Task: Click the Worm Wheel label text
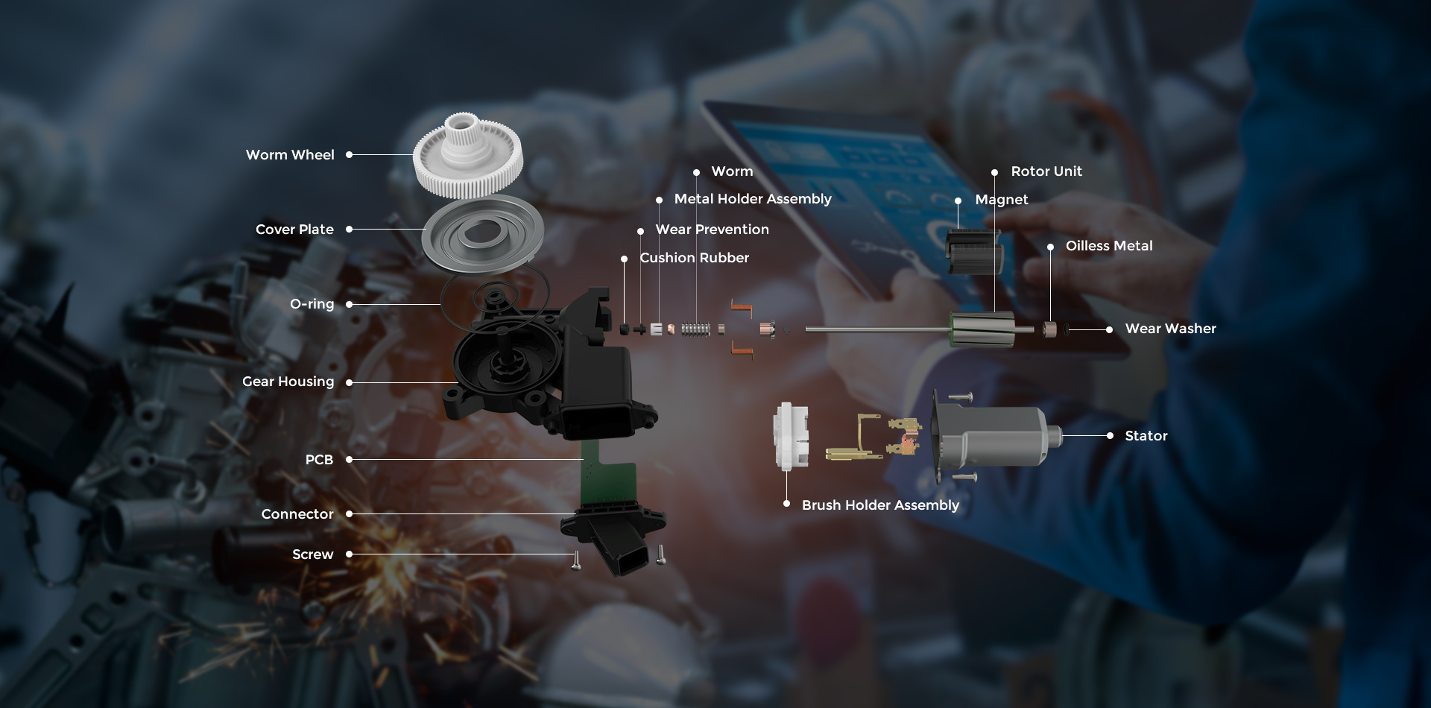point(290,155)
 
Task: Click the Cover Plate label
point(294,230)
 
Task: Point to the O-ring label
point(312,304)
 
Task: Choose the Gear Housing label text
point(288,382)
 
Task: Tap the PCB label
point(319,460)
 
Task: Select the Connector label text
point(297,514)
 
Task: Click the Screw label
point(312,554)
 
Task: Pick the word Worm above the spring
point(732,171)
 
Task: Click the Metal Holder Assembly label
point(752,199)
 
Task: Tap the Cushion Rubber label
point(694,258)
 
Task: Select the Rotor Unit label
point(1046,171)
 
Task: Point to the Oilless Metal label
point(1108,246)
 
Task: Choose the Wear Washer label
point(1170,329)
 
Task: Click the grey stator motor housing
point(995,436)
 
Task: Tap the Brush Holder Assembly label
point(880,505)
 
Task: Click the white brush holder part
point(790,437)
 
